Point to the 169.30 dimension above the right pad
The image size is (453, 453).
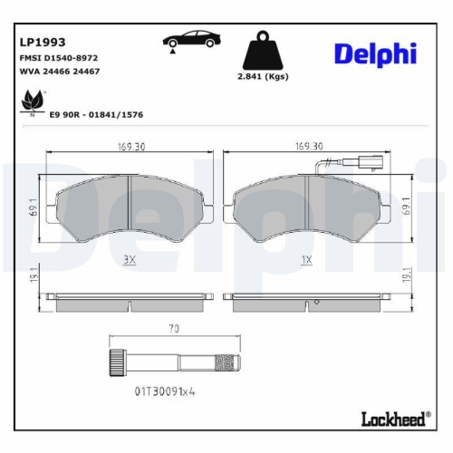point(310,145)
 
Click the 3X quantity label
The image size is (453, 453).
point(128,259)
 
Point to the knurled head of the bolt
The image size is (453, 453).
point(116,359)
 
